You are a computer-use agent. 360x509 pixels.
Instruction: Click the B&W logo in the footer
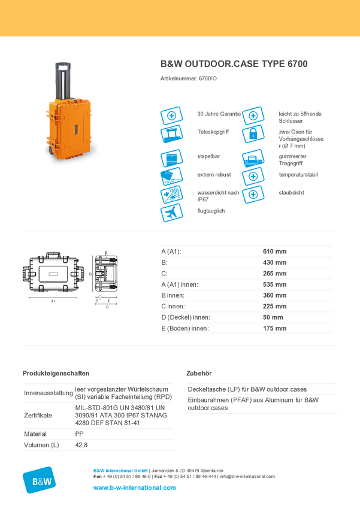coord(39,480)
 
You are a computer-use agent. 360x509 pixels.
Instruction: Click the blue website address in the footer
coord(135,488)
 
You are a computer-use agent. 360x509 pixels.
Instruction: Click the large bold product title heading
coord(234,64)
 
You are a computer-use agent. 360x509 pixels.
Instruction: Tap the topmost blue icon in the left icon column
coord(171,115)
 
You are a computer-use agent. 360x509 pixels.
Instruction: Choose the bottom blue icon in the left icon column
coord(171,213)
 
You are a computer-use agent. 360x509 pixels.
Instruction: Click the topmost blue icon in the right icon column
coord(253,114)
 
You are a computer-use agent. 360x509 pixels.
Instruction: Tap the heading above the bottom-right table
coord(201,373)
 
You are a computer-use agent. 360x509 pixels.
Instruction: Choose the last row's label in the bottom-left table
coord(41,445)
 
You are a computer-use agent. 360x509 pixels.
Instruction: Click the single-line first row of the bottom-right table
coord(248,389)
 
